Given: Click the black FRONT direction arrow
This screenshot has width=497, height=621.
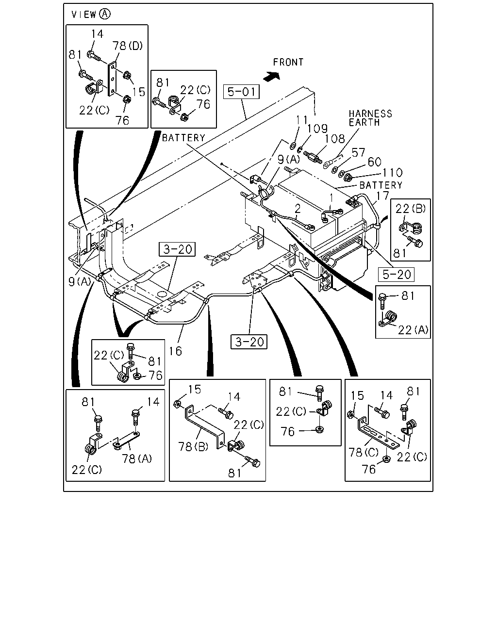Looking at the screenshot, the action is pyautogui.click(x=272, y=77).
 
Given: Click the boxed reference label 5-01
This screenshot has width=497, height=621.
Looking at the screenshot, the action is pyautogui.click(x=241, y=92).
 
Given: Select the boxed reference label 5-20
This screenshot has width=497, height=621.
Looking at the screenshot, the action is pyautogui.click(x=396, y=275).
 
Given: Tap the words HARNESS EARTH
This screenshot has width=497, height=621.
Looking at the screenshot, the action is pyautogui.click(x=370, y=118).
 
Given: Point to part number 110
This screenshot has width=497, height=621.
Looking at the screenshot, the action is pyautogui.click(x=393, y=173).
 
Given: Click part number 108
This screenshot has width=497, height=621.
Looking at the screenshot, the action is pyautogui.click(x=335, y=139).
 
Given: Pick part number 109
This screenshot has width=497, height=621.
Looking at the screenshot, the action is pyautogui.click(x=317, y=129).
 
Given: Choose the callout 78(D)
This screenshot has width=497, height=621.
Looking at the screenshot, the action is pyautogui.click(x=127, y=46).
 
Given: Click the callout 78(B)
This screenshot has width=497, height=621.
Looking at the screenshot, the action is pyautogui.click(x=193, y=447).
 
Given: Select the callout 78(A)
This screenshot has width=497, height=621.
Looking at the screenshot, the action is pyautogui.click(x=137, y=458).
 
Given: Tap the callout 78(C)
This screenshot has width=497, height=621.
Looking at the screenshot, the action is pyautogui.click(x=364, y=452).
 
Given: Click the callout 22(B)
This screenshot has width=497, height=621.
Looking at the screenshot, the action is pyautogui.click(x=410, y=208).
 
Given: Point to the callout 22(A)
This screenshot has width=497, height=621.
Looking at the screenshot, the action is pyautogui.click(x=413, y=330).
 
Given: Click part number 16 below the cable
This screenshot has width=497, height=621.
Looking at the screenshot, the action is pyautogui.click(x=175, y=351).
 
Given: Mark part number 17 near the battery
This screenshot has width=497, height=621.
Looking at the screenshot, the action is pyautogui.click(x=382, y=196).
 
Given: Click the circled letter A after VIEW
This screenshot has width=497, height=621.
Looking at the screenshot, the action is pyautogui.click(x=104, y=14).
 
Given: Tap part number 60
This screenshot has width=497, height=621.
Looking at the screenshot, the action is pyautogui.click(x=374, y=162).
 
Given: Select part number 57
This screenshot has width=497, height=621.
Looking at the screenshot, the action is pyautogui.click(x=358, y=153).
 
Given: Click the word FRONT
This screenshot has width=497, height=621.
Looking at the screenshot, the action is pyautogui.click(x=288, y=62).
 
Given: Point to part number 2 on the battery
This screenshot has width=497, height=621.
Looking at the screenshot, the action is pyautogui.click(x=298, y=209).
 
